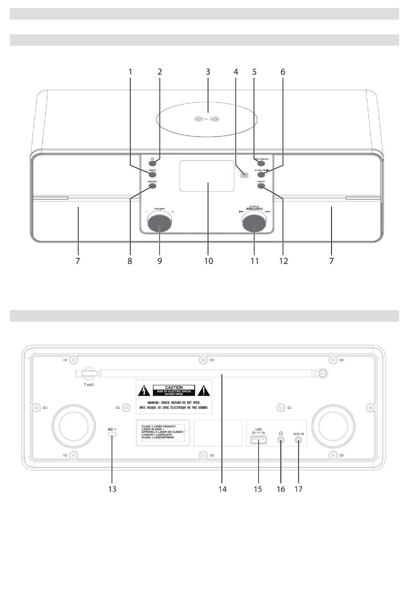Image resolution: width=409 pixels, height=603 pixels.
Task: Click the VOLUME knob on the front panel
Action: tap(159, 223)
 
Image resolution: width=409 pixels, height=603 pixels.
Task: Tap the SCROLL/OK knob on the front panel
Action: tap(254, 223)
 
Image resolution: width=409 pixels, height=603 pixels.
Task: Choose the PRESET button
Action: tap(153, 186)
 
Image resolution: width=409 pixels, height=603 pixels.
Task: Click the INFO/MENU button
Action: tap(261, 163)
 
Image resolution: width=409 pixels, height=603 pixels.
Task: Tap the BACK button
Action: tap(261, 186)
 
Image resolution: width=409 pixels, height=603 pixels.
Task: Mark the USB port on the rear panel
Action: tap(258, 440)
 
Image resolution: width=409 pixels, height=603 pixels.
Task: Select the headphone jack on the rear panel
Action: tap(281, 440)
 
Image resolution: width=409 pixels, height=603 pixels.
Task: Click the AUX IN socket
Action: tap(298, 440)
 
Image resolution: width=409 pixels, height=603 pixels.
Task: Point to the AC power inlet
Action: tap(112, 435)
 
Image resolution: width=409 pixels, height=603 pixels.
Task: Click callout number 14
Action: tap(222, 489)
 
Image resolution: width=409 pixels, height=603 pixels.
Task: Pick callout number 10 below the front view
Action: tap(208, 261)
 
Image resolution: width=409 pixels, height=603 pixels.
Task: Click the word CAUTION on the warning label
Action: tap(174, 388)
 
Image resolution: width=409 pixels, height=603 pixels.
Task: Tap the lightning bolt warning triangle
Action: tap(143, 391)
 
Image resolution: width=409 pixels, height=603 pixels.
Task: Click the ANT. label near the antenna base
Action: tap(89, 385)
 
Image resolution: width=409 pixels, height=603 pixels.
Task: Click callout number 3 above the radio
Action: tap(208, 72)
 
